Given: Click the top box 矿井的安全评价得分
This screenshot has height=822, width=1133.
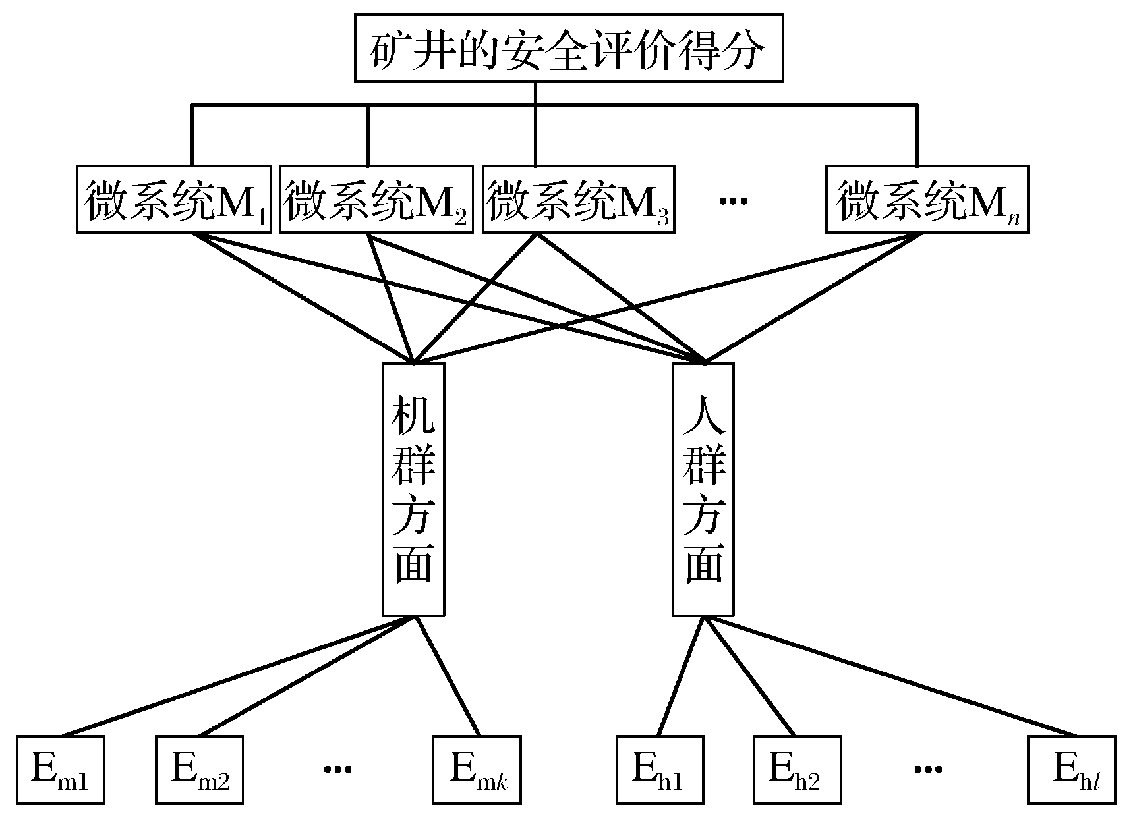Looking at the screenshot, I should point(568,47).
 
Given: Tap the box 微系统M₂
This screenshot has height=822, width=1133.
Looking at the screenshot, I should point(376,199).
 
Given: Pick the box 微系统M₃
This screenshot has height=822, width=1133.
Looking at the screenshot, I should point(579,199).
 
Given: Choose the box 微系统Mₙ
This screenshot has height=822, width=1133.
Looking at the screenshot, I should point(927,199).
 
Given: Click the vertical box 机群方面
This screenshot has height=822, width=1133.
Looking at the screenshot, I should point(413,489).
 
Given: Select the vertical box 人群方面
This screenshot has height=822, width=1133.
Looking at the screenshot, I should point(703,489).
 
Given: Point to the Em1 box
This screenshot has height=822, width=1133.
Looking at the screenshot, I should point(61,769).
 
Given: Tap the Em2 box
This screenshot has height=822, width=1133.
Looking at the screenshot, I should point(199,769).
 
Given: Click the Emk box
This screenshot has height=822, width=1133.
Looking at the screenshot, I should point(477,769).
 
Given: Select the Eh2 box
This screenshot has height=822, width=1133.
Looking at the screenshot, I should point(797,769).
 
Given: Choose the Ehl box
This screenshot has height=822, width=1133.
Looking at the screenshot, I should point(1072,769).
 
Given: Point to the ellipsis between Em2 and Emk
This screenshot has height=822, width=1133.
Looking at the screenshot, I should point(337,769).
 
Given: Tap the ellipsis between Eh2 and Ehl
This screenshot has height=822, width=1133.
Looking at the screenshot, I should point(928,769).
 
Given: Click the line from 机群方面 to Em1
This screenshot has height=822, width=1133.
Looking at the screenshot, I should point(237,676).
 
